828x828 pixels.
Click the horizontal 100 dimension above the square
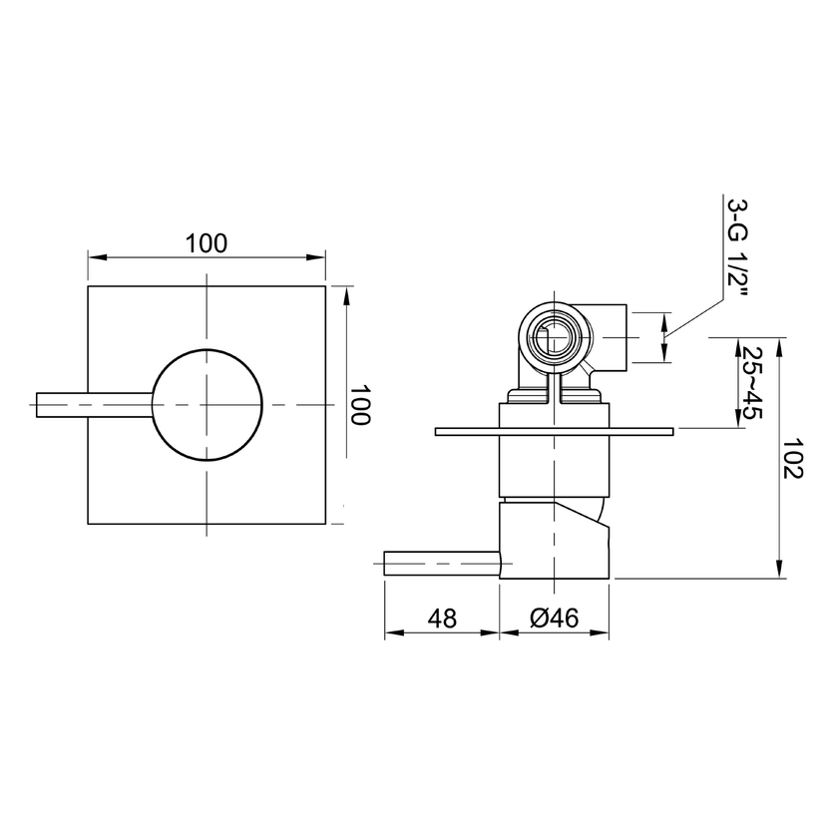point(206,243)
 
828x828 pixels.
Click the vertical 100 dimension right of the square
point(361,404)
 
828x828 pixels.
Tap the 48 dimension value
point(442,618)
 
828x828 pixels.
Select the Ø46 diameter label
point(554,618)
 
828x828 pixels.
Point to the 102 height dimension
point(792,458)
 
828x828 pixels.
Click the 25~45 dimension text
point(752,382)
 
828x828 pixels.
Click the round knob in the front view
point(207,404)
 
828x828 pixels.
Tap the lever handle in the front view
point(94,405)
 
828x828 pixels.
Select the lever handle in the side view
point(442,564)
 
